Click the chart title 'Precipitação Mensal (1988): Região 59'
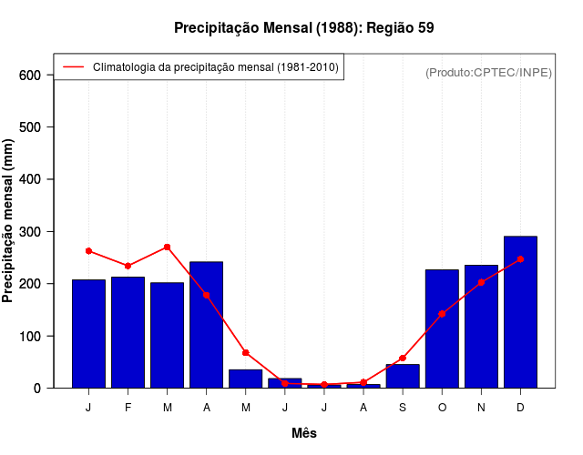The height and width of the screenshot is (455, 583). point(303,28)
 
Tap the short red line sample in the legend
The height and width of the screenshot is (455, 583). point(73,67)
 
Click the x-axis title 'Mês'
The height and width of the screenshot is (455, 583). point(304,433)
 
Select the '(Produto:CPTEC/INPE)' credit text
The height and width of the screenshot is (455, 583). point(488,73)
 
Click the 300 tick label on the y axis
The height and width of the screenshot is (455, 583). point(30,232)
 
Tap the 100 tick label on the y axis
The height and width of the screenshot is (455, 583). point(30,337)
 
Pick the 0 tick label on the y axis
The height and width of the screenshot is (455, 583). point(37,389)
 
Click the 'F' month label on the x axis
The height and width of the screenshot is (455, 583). point(128,408)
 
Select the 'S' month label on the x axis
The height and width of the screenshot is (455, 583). point(403,408)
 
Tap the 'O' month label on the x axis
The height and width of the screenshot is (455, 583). point(442,408)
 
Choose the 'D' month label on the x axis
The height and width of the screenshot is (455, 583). point(520,408)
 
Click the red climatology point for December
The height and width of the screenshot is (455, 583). point(520,259)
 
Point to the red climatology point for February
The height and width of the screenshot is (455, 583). point(128,266)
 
